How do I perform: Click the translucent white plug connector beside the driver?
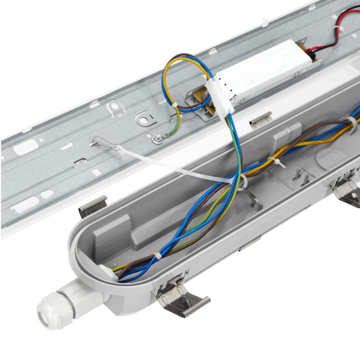219,96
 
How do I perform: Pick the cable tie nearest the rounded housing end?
157,255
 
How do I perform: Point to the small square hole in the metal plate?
96,172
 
